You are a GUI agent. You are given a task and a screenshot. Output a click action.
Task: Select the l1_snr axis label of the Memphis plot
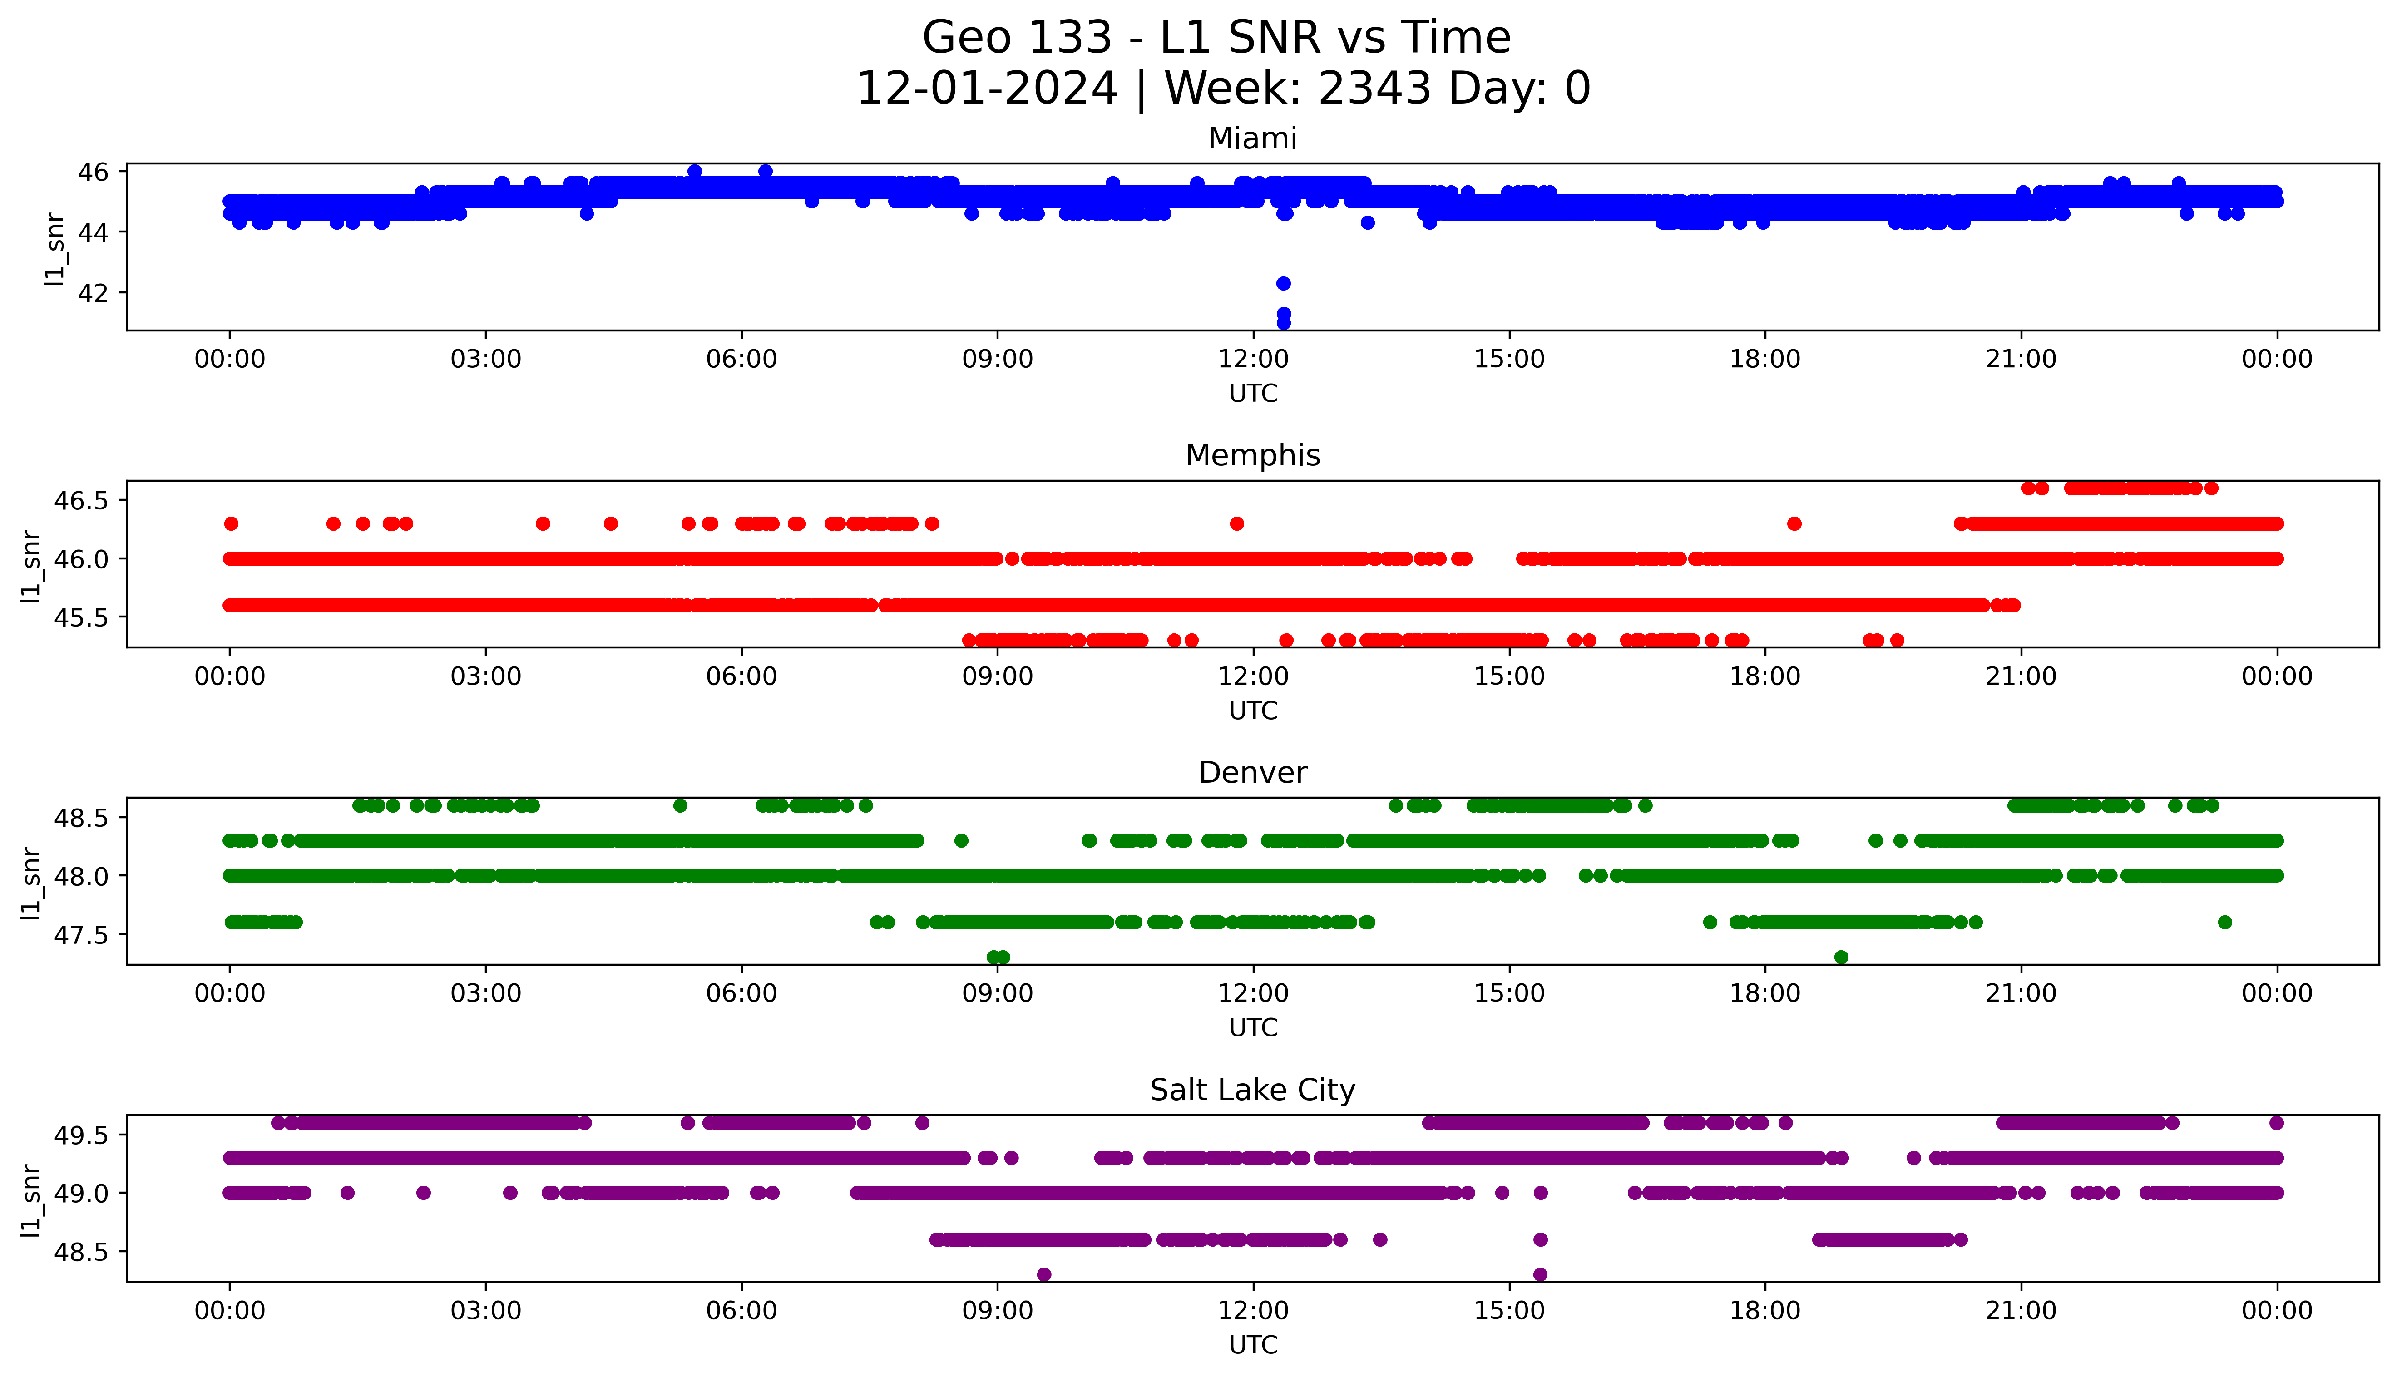31,566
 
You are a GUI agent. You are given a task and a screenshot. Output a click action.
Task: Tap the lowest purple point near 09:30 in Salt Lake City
1044,1275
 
